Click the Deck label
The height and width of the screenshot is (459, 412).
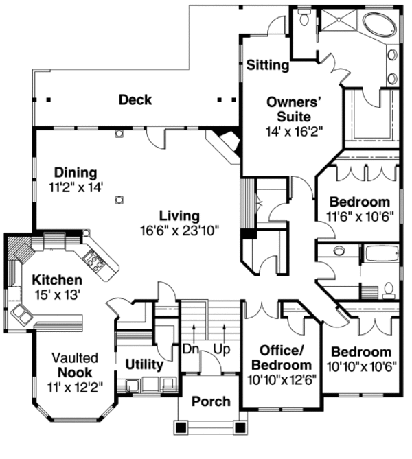coord(135,100)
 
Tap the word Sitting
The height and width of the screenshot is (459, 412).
coord(267,66)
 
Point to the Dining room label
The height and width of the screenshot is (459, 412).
coord(76,172)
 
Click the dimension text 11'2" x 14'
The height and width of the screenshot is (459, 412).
coord(76,187)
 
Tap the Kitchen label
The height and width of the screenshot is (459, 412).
coord(58,280)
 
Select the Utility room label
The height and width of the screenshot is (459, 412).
coord(144,364)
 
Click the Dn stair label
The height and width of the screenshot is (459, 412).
coord(191,349)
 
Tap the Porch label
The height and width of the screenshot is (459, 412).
coord(211,401)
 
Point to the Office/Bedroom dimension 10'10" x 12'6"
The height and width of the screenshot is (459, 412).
coord(280,379)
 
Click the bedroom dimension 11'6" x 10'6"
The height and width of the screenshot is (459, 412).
coord(359,217)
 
